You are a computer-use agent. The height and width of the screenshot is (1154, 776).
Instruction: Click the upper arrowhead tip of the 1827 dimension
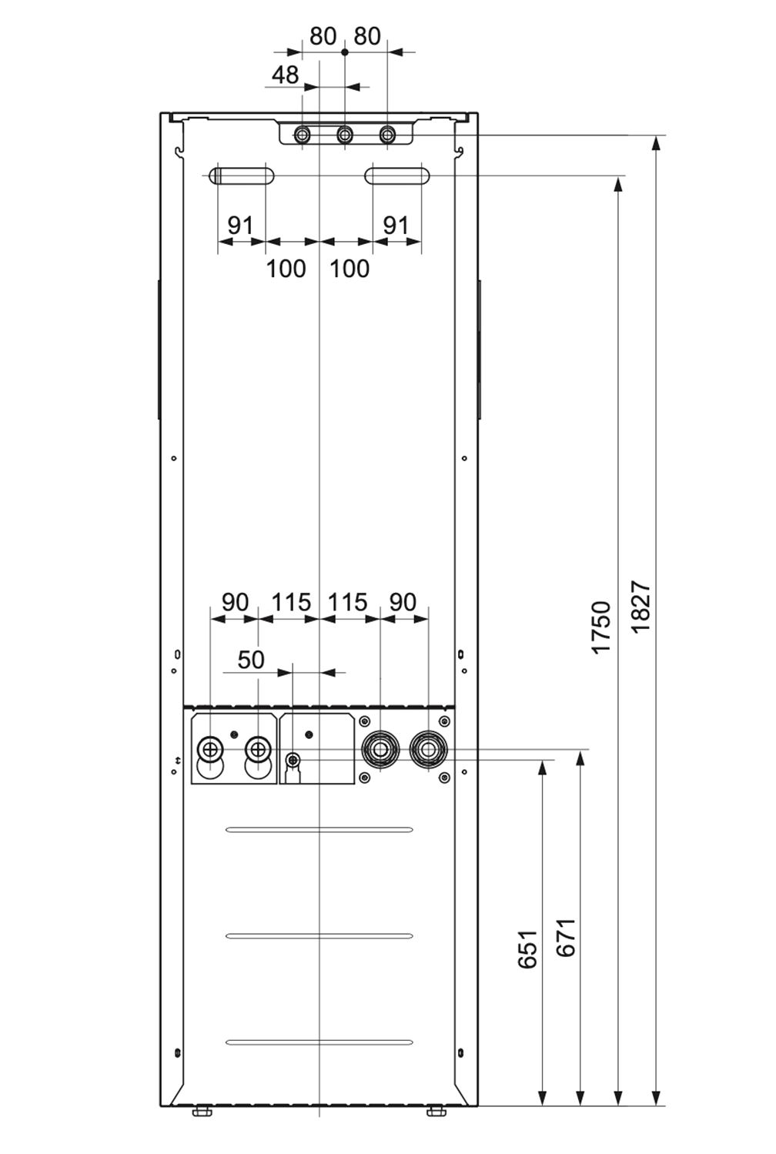(655, 136)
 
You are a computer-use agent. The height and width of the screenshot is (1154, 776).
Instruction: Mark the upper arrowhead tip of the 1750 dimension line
(618, 177)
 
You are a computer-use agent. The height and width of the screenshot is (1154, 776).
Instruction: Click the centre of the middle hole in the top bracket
(345, 135)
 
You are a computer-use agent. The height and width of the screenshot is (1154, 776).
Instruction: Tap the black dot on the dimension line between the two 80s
(345, 52)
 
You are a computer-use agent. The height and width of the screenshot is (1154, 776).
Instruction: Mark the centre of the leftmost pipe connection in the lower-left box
(210, 748)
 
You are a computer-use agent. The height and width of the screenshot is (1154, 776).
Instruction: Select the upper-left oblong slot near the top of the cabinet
(241, 176)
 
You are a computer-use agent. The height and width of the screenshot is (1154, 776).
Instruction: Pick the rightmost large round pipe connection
(428, 749)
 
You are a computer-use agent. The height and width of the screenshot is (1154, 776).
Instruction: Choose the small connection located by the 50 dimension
(293, 759)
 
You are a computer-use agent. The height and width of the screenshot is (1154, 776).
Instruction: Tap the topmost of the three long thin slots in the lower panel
(319, 829)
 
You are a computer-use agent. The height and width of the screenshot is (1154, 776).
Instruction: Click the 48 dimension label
(285, 75)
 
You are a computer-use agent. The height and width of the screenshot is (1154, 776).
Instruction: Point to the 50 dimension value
(251, 660)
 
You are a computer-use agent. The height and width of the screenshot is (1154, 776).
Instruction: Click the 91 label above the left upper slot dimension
(241, 225)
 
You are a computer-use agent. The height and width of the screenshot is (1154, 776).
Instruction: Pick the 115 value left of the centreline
(291, 602)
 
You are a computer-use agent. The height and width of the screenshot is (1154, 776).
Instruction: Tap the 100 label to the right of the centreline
(350, 269)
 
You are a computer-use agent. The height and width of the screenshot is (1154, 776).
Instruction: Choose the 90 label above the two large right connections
(403, 602)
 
